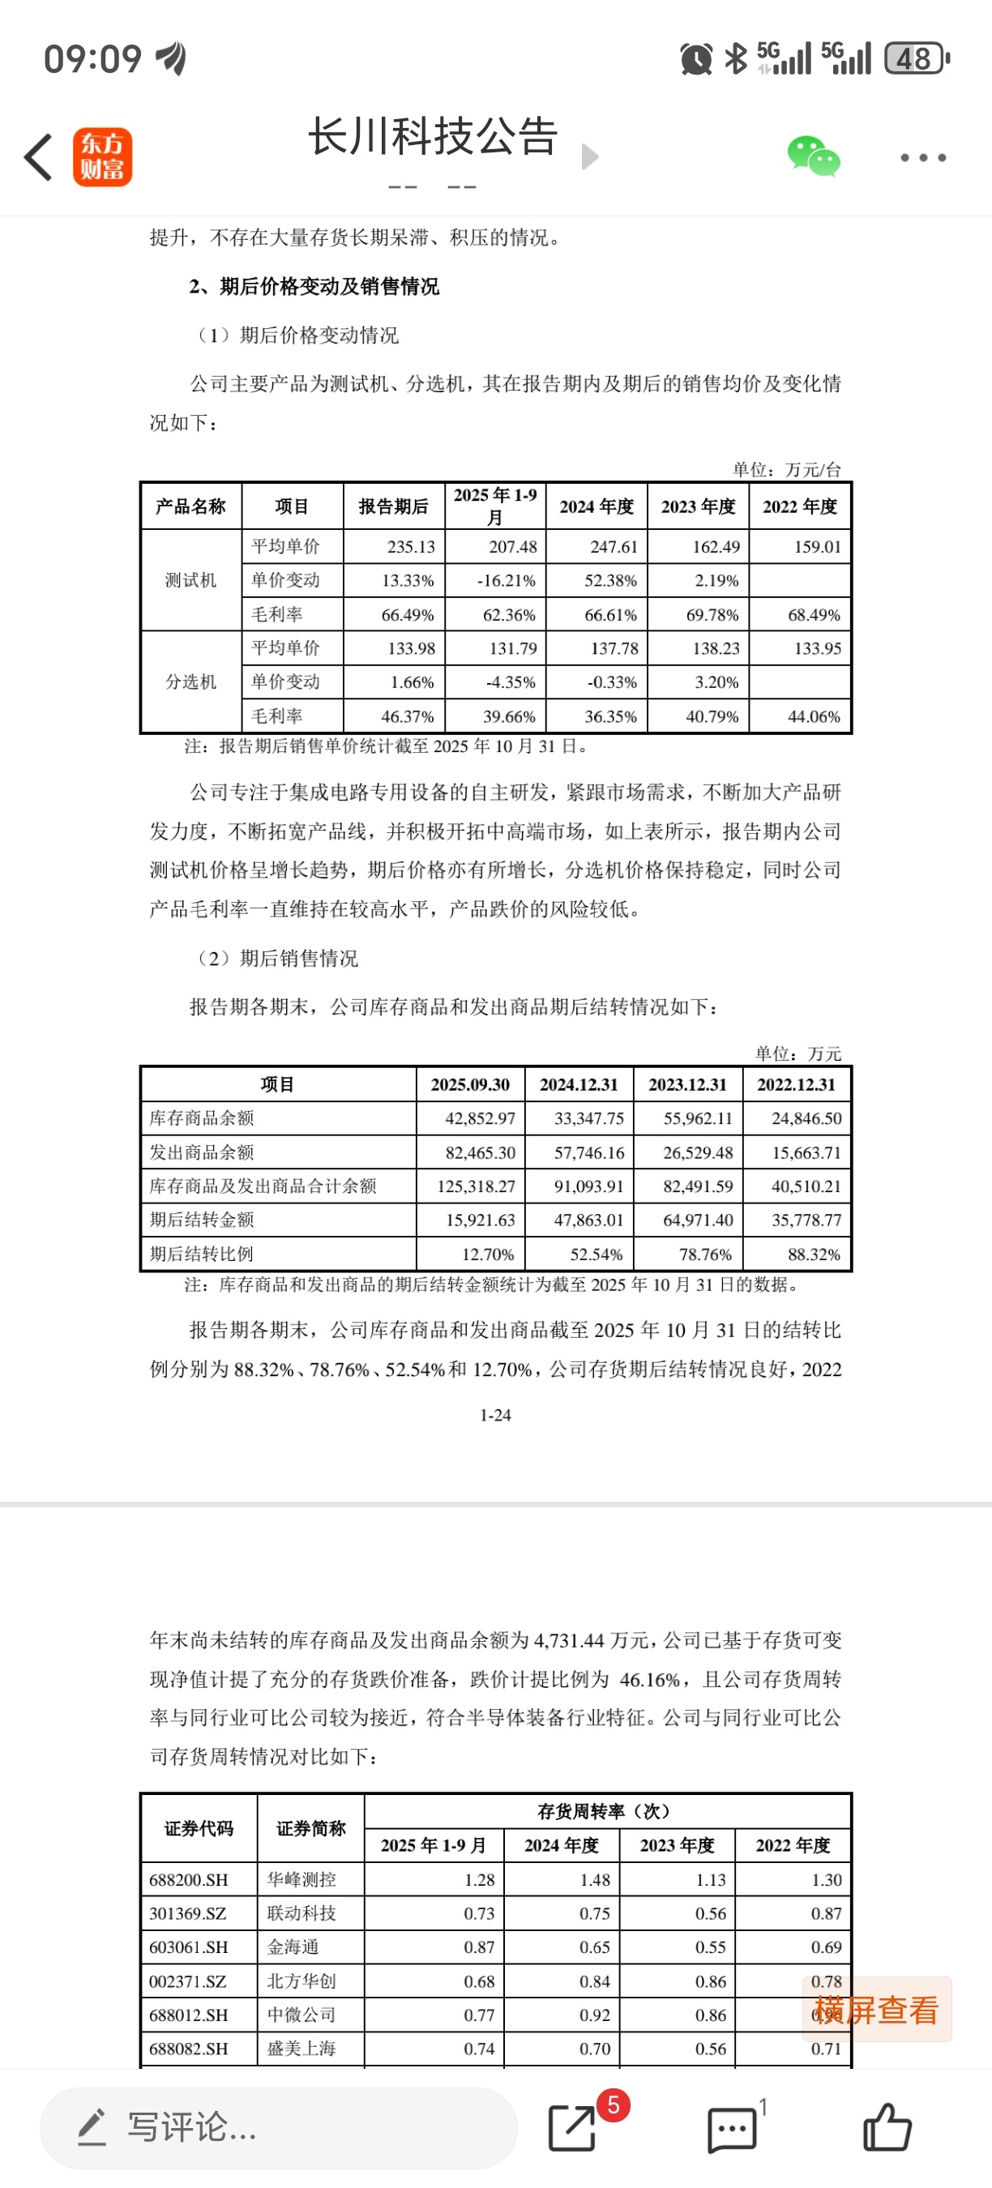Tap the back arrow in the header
pos(38,157)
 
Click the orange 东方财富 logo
pos(103,157)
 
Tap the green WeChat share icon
pos(813,157)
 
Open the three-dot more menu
pos(922,158)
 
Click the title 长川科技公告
pos(432,138)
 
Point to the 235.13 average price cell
pos(411,547)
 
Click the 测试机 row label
pos(191,581)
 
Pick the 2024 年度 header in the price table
pos(596,507)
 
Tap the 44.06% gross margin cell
pos(813,717)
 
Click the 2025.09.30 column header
pos(470,1084)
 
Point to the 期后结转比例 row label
pos(201,1254)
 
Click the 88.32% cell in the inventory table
pos(814,1254)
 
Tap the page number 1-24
pos(495,1415)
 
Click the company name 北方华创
pos(301,1981)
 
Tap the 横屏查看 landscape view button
pos(876,2010)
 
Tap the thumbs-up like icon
pos(887,2128)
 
